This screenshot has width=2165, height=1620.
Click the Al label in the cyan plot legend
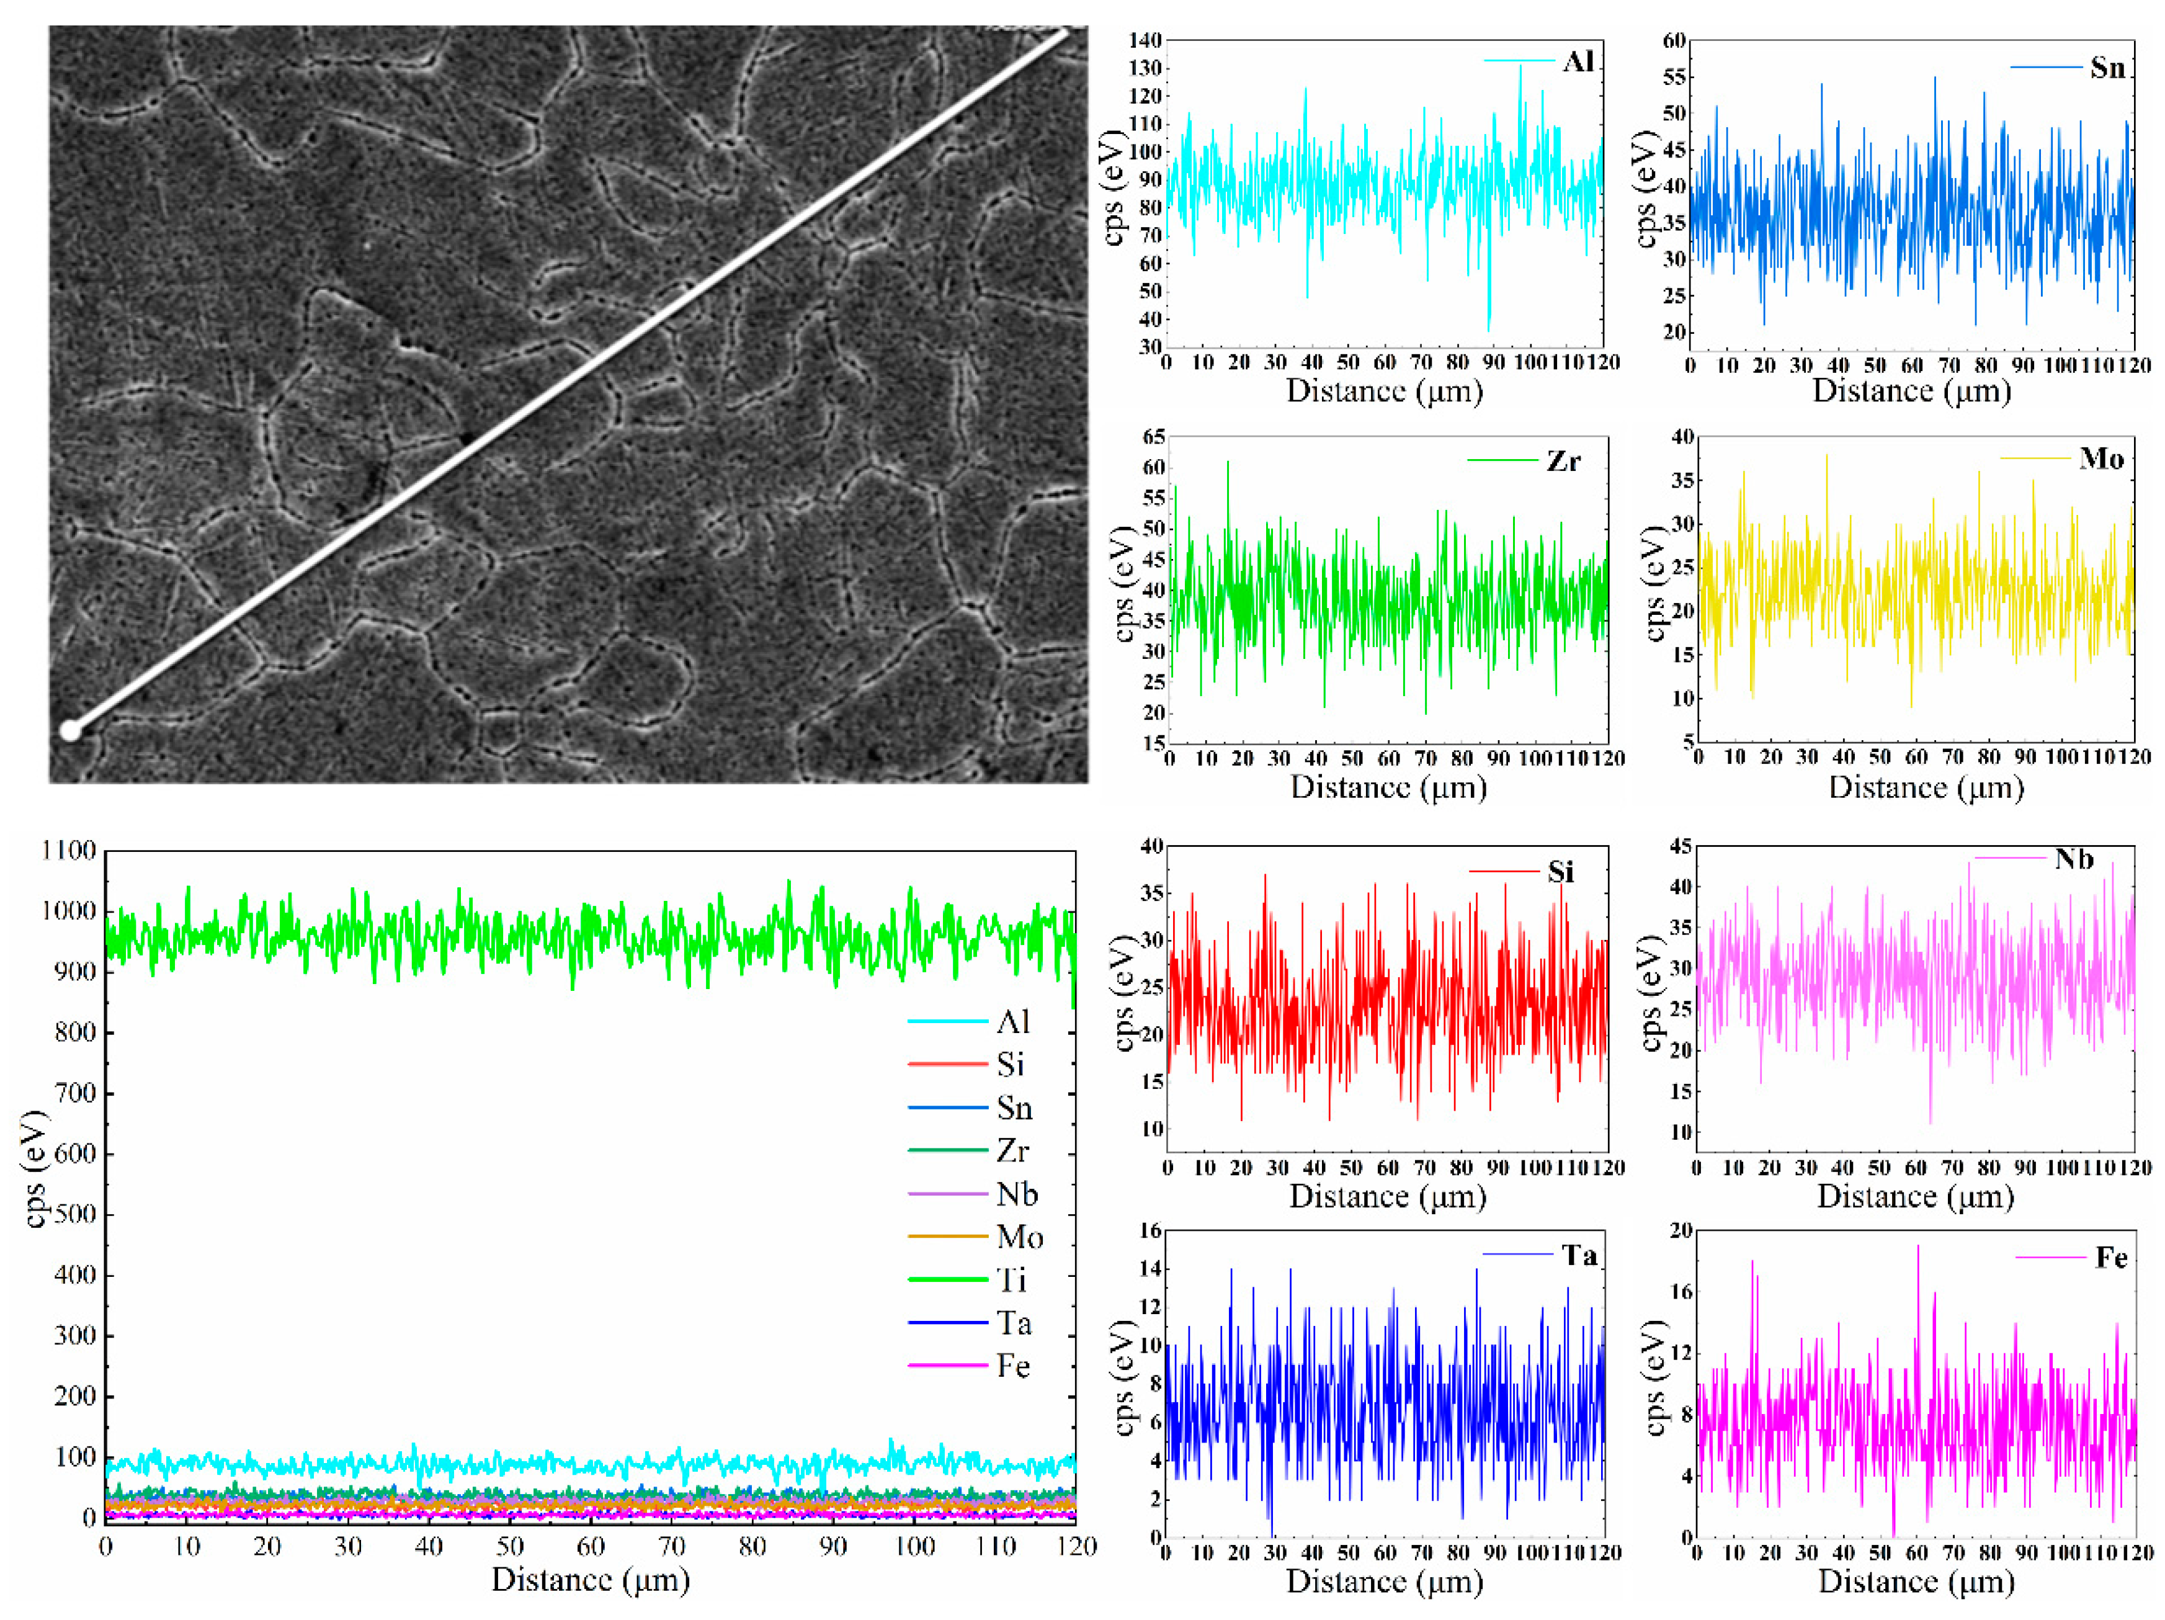coord(1579,61)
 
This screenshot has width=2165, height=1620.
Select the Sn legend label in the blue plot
coord(2107,68)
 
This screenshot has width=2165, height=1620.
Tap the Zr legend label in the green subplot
coord(1563,461)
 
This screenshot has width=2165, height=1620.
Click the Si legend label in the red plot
coord(1561,871)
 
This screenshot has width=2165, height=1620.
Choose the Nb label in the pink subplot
coord(2074,859)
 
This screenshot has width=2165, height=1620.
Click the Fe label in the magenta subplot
coord(2111,1257)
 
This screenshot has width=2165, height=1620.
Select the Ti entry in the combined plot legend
coord(1012,1279)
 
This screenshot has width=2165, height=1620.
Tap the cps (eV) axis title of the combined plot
coord(35,1169)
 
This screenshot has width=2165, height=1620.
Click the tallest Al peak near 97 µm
coord(1520,66)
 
